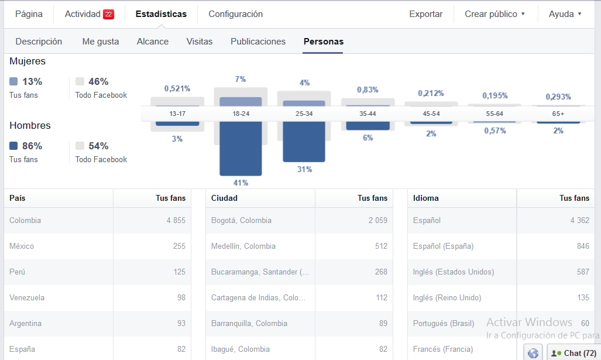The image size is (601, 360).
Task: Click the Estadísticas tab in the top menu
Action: [x=161, y=14]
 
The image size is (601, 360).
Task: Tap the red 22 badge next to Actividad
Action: [x=108, y=14]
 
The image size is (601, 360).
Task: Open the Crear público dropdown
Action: [x=494, y=14]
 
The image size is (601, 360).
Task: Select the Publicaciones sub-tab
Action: [x=258, y=42]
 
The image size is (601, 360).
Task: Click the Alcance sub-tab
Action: [x=153, y=42]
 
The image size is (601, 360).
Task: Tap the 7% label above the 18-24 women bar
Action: [x=241, y=79]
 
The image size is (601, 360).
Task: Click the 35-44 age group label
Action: [x=367, y=114]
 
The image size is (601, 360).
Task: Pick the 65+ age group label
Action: [x=558, y=114]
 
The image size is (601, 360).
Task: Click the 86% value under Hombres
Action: [x=32, y=146]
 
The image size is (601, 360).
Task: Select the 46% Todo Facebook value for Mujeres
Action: [x=98, y=81]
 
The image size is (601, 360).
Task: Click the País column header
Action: [x=18, y=198]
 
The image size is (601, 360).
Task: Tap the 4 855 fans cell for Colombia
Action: [x=176, y=221]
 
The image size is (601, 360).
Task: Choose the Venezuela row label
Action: [x=27, y=297]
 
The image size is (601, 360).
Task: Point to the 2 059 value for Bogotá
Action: [x=378, y=221]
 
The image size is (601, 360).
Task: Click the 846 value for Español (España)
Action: [x=583, y=246]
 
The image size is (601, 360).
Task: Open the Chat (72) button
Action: [x=573, y=353]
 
